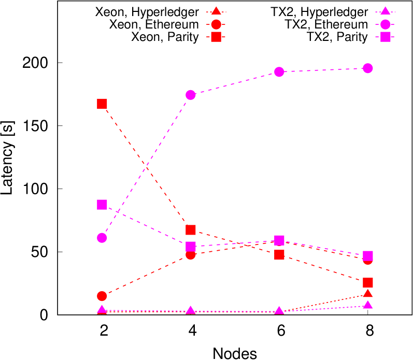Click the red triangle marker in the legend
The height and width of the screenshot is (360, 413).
tap(216, 11)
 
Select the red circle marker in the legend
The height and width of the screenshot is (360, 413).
tap(216, 24)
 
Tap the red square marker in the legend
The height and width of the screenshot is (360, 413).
tap(216, 37)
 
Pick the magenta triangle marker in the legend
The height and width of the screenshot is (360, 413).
tap(385, 11)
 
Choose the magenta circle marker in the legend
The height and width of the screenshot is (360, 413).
tap(385, 24)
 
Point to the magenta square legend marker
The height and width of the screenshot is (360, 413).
tap(385, 37)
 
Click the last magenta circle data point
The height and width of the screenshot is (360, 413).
tap(368, 68)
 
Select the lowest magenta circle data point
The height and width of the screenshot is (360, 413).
tap(102, 238)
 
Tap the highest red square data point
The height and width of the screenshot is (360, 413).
tap(102, 104)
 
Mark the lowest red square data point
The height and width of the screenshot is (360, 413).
tap(368, 282)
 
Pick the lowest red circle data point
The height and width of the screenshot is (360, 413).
tap(102, 296)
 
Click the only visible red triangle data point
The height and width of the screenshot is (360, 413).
tap(368, 294)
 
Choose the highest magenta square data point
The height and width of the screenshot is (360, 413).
tap(102, 205)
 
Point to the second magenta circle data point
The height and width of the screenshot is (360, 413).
tap(191, 95)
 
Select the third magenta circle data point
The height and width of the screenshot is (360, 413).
tap(279, 71)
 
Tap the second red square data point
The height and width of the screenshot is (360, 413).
tap(191, 230)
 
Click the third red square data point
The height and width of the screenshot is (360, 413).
tap(279, 254)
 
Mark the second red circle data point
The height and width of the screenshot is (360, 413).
tap(191, 254)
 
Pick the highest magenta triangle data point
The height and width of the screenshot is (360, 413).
tap(368, 305)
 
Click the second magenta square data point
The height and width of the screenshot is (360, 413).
tap(191, 247)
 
